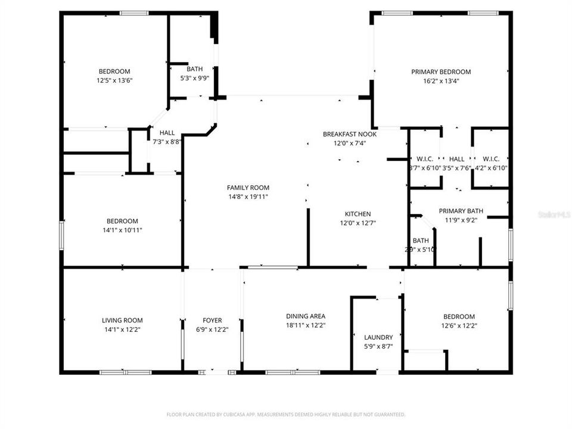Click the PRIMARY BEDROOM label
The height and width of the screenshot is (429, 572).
click(x=441, y=71)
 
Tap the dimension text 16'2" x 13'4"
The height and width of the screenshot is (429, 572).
click(x=441, y=80)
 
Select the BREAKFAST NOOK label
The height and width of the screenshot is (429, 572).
click(x=350, y=134)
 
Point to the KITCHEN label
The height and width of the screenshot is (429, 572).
click(x=357, y=214)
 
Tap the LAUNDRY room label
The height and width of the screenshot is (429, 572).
click(x=378, y=337)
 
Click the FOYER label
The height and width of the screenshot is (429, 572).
click(x=212, y=321)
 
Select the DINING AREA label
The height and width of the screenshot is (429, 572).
click(x=306, y=316)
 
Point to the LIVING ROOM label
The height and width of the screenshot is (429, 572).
click(x=122, y=321)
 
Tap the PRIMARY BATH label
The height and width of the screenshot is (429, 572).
click(x=461, y=211)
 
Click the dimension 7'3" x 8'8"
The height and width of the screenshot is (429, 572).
click(x=167, y=142)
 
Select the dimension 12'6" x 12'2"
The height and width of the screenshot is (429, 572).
click(x=459, y=325)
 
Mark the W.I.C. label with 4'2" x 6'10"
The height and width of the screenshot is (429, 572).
click(x=490, y=159)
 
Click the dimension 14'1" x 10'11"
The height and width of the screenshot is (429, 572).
click(x=122, y=230)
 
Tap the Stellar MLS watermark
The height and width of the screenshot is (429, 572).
click(x=554, y=213)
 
